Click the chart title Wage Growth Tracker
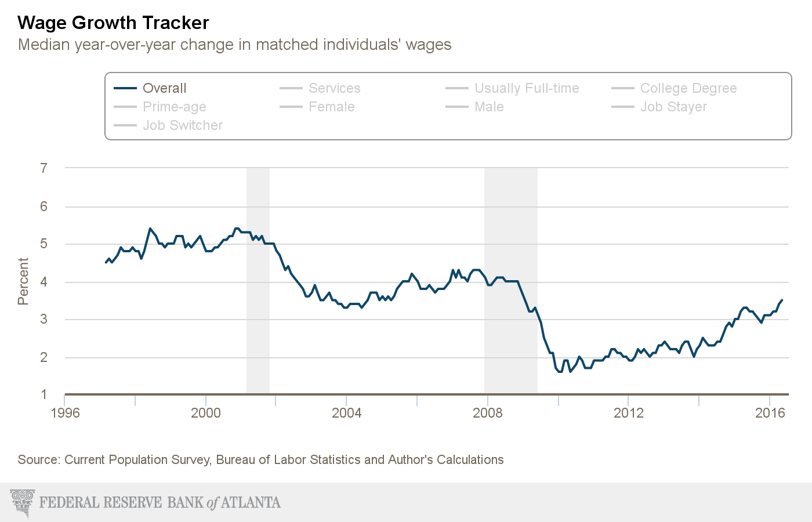tap(113, 23)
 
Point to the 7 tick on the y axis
tap(44, 168)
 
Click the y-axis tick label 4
tap(44, 282)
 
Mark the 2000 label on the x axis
tap(206, 413)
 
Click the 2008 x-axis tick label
tap(487, 413)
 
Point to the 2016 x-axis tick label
tap(770, 413)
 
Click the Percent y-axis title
tap(23, 281)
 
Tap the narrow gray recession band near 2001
tap(258, 278)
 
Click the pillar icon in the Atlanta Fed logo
tap(23, 502)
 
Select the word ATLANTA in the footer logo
tap(251, 502)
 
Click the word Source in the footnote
tap(38, 460)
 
